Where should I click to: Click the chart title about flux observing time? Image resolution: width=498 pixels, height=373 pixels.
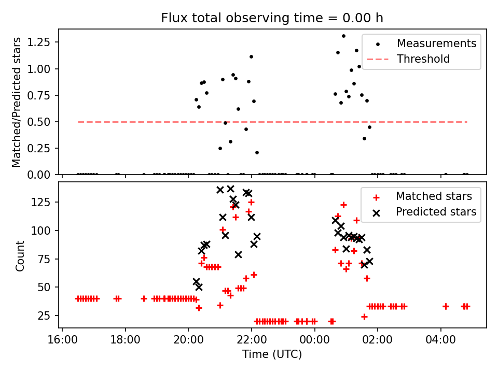(x=272, y=18)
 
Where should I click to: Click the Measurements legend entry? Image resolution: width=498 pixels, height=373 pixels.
(x=436, y=44)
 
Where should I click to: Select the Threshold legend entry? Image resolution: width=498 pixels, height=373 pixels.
(x=423, y=59)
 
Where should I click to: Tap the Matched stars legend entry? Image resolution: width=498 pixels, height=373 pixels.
(x=434, y=196)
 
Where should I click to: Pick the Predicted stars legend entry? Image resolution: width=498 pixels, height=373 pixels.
(x=436, y=211)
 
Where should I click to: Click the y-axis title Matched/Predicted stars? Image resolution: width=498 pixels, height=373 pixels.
(x=17, y=102)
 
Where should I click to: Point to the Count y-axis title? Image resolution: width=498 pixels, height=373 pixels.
(x=20, y=256)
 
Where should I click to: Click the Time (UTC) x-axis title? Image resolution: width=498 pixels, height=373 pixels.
(x=272, y=355)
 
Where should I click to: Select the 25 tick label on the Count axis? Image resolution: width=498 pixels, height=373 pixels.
(x=48, y=315)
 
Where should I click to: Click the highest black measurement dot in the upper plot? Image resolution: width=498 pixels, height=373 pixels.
(x=343, y=36)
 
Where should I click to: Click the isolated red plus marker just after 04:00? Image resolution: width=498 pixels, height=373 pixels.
(x=446, y=306)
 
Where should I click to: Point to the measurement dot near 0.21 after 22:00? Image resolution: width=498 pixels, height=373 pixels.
(x=257, y=152)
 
